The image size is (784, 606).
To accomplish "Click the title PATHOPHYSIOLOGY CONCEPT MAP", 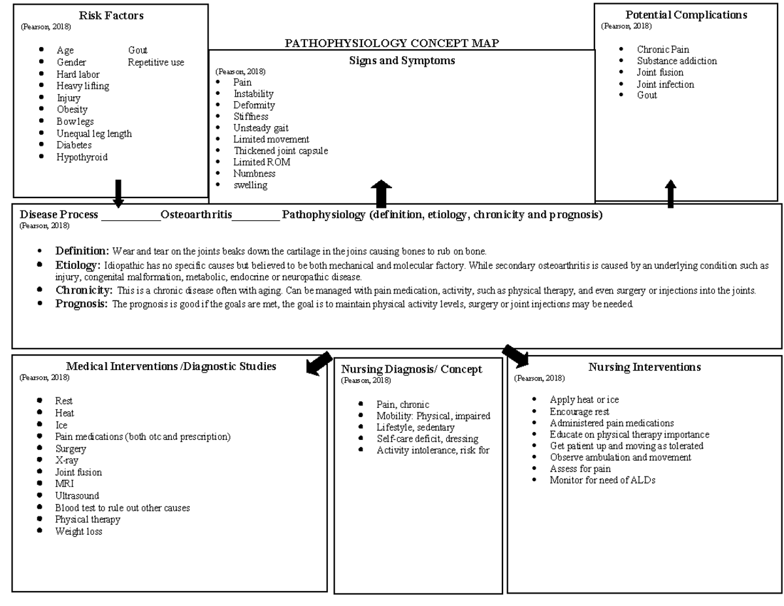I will click(392, 43).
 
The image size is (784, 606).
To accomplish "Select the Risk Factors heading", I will click(111, 15).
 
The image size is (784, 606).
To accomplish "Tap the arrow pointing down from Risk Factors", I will click(118, 193).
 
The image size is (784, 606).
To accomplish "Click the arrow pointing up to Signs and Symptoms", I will click(381, 194).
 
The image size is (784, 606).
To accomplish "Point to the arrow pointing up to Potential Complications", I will click(670, 194).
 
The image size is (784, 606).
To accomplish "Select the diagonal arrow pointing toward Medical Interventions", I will click(319, 363).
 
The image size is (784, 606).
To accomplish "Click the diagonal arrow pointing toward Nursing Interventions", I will click(515, 356).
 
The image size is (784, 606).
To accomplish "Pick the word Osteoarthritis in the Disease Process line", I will click(196, 214).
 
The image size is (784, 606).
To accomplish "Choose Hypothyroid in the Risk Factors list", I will click(82, 157).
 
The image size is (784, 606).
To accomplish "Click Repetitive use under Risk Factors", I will click(156, 62).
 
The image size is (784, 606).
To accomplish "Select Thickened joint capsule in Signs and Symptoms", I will click(280, 150).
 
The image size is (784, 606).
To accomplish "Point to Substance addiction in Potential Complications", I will click(677, 61).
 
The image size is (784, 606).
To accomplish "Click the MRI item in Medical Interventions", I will click(64, 484).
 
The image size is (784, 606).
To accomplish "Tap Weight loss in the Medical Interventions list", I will click(78, 531).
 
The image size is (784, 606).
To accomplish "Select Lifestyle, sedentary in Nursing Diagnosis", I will click(415, 427).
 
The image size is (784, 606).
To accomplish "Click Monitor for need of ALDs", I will click(602, 480).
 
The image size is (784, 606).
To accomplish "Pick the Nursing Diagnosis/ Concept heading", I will click(412, 369).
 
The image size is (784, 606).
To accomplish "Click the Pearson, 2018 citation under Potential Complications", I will click(626, 26).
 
